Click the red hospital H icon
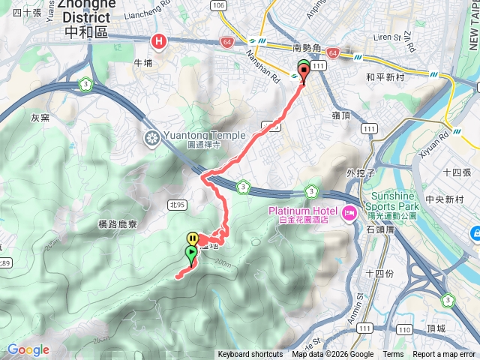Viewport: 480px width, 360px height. click(x=158, y=42)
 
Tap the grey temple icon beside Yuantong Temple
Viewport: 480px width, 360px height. click(x=151, y=138)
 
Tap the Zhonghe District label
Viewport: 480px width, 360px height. click(x=86, y=19)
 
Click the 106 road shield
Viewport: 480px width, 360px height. click(x=218, y=5)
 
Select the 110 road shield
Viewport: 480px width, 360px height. click(x=403, y=329)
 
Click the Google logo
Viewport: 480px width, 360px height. click(x=28, y=349)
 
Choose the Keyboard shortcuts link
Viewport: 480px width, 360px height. click(x=250, y=355)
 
